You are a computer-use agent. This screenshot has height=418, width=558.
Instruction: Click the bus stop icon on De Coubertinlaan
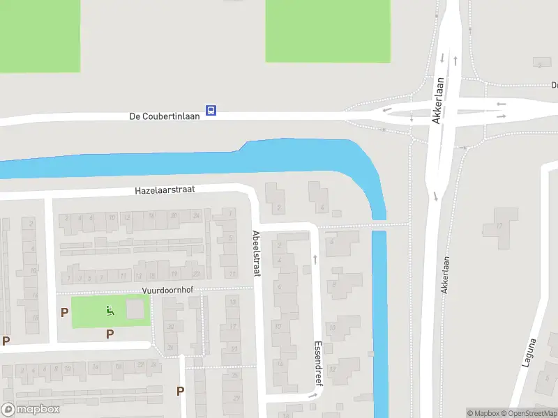pos(211,110)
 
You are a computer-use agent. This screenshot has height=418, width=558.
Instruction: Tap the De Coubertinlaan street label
pos(165,116)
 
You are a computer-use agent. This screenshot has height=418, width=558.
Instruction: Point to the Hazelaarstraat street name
pos(165,189)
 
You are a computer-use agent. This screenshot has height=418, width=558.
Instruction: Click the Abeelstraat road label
pos(256,254)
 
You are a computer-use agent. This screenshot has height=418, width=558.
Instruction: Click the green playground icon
pos(109,310)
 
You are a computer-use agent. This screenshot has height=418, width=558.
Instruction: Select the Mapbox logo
pos(30,410)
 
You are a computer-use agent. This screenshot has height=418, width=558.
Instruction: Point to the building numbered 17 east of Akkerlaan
pos(499,226)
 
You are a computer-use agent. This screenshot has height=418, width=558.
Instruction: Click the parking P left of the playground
pos(64,313)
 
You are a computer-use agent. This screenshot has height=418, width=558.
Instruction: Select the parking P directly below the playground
pos(110,334)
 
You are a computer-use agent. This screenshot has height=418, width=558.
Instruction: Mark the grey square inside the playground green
pos(137,309)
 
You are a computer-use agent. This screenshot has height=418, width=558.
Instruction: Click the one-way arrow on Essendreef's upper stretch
pos(315,259)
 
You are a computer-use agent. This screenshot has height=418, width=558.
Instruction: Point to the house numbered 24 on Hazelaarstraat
pos(196,217)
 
